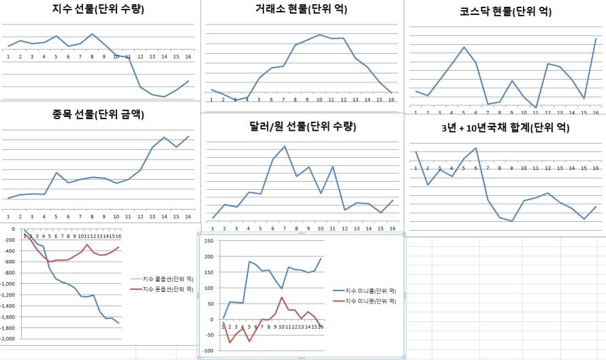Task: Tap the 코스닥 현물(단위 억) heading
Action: tap(505, 12)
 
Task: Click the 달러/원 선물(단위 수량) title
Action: tap(302, 126)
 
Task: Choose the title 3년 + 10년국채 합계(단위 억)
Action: tap(505, 127)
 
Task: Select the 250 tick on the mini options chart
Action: tap(209, 241)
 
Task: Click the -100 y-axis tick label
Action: tap(208, 350)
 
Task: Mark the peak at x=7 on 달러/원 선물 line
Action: tap(285, 146)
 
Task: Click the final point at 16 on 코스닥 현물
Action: tap(595, 38)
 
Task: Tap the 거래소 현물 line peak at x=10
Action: tap(319, 35)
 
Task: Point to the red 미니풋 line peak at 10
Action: tap(282, 297)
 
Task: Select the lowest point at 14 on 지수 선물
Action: tap(164, 97)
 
